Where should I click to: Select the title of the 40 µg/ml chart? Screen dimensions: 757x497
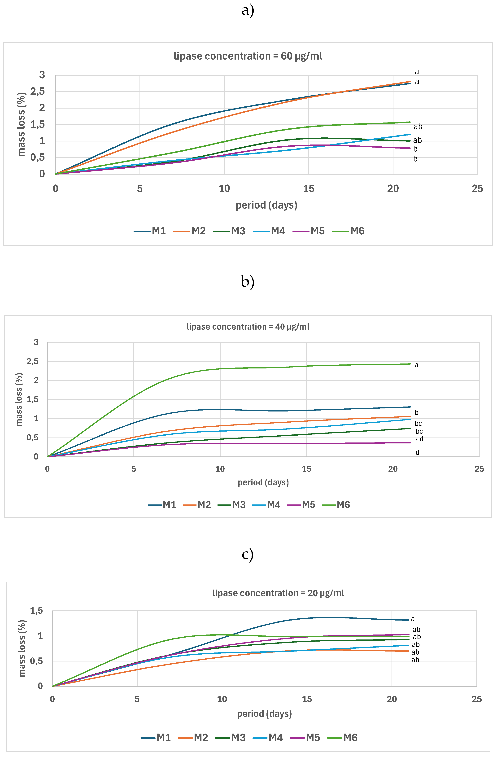248,327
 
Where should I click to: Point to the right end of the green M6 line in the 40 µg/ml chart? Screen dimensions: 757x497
410,364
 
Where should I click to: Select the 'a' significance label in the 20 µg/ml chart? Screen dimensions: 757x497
413,619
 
